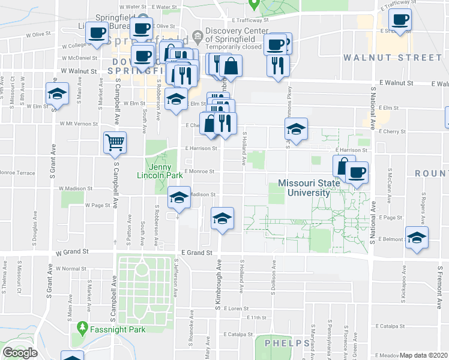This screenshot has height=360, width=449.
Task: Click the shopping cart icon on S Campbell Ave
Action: [115, 143]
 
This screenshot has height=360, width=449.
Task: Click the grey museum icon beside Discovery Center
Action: [197, 36]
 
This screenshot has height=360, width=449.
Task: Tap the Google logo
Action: [20, 353]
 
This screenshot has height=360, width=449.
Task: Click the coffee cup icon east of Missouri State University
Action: [357, 173]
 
